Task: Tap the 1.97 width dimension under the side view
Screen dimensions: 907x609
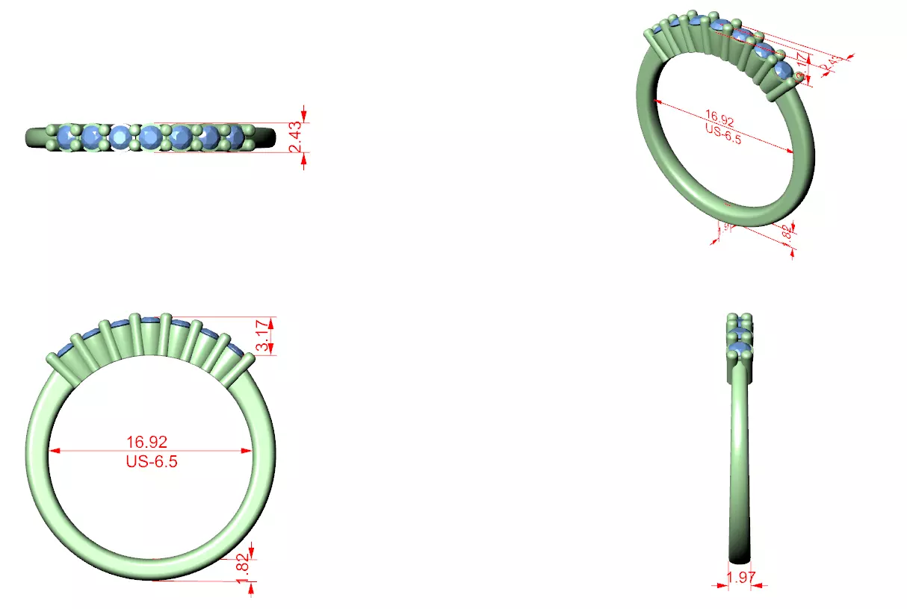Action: click(x=740, y=576)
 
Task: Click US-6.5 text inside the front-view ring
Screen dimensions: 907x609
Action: click(x=152, y=461)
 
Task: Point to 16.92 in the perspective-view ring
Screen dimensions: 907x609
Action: click(x=720, y=119)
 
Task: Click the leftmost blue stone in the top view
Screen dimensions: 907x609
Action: click(x=69, y=137)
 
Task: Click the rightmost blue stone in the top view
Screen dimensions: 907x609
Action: click(x=235, y=137)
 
